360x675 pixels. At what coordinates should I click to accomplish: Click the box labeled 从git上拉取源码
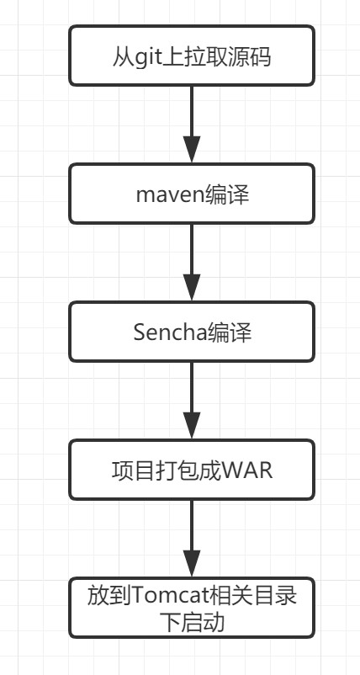[192, 56]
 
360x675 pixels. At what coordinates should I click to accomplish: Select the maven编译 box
[192, 194]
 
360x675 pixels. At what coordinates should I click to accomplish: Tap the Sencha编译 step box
[192, 332]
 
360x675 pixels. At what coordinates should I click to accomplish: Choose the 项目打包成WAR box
[192, 470]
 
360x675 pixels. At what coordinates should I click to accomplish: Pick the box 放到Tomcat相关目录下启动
[192, 607]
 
